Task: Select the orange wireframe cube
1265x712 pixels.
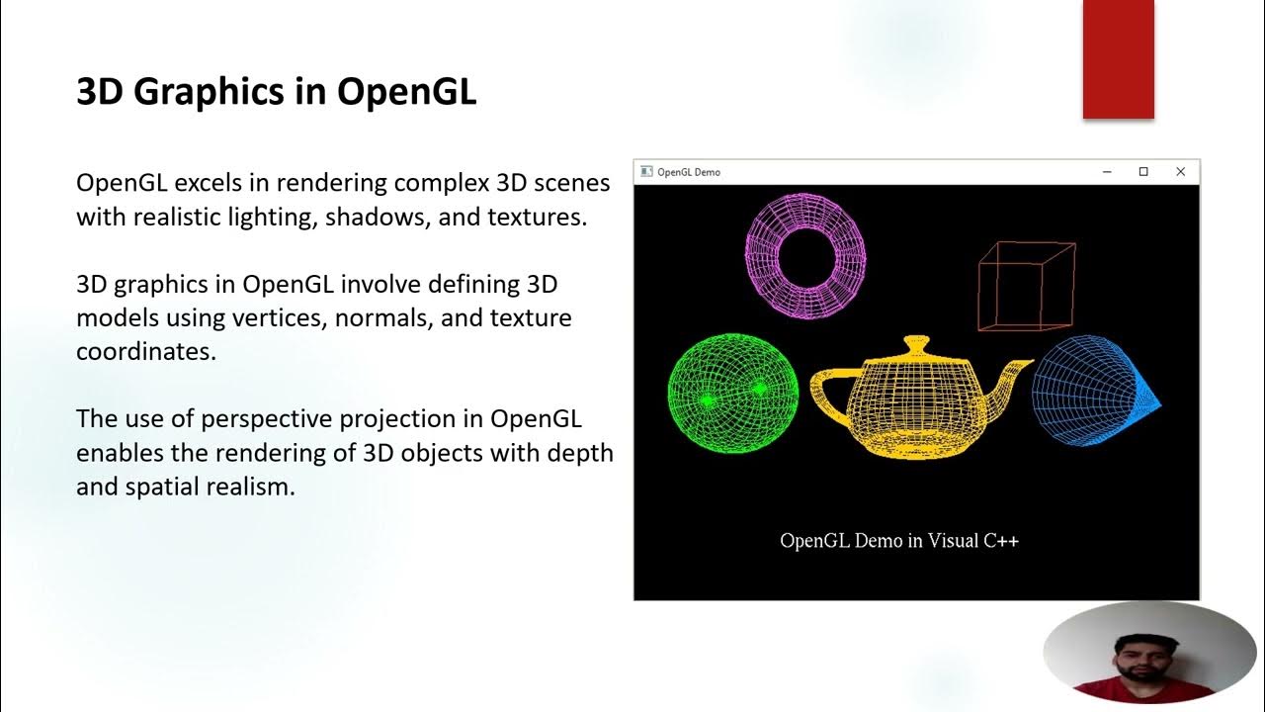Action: click(1026, 286)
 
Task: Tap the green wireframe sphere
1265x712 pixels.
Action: click(732, 396)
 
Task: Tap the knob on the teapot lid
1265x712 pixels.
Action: click(916, 345)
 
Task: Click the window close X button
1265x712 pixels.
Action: click(1180, 172)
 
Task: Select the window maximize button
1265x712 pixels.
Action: click(1143, 172)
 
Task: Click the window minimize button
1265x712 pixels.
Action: click(1107, 172)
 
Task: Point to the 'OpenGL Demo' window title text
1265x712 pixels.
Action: click(689, 172)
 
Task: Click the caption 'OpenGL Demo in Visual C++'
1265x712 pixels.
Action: click(899, 541)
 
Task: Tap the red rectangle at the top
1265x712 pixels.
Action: click(1118, 59)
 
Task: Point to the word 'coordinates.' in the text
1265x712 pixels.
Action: click(146, 352)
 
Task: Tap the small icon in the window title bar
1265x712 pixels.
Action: click(646, 172)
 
